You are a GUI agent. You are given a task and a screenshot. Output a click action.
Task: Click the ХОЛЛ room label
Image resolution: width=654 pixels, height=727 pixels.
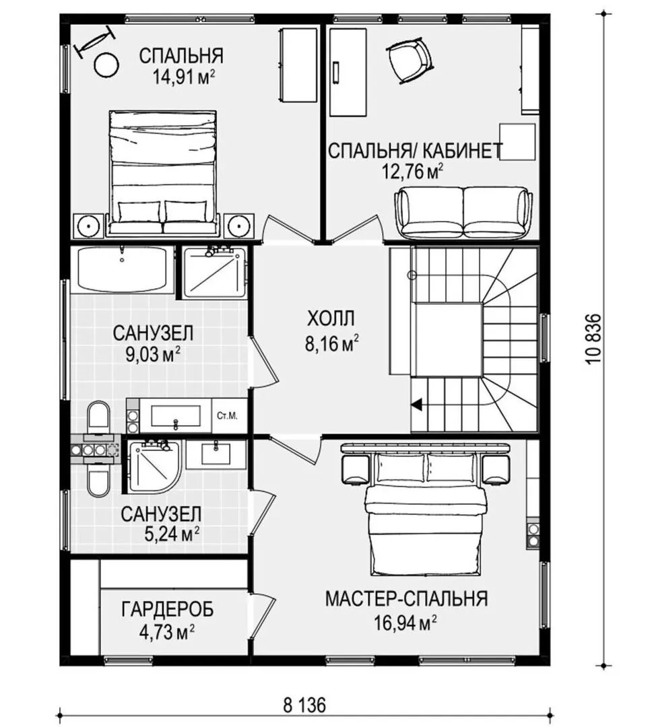331,319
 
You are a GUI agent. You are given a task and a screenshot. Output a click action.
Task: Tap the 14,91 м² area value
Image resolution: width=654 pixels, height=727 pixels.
184,77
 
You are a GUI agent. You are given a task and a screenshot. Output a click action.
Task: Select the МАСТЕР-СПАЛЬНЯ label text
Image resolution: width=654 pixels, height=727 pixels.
406,598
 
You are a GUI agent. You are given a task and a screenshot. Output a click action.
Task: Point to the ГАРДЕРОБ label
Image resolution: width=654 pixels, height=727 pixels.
168,609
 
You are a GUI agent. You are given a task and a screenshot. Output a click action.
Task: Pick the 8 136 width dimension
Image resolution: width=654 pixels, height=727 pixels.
304,705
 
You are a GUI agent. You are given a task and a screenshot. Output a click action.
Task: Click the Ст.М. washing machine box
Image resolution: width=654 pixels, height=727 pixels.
227,416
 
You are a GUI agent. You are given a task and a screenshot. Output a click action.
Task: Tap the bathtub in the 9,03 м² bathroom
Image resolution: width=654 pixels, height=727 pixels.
123,269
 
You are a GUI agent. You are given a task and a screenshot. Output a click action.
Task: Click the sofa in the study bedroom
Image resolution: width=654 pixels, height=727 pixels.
463,213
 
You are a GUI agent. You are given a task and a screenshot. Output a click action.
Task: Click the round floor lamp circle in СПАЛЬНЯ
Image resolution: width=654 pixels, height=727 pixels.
106,65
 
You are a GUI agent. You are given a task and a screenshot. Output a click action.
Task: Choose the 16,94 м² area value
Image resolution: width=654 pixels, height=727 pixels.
405,623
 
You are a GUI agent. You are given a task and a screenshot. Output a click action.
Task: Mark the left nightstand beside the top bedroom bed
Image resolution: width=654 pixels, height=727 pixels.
88,226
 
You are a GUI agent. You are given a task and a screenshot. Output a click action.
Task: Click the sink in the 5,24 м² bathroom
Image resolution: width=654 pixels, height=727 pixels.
216,454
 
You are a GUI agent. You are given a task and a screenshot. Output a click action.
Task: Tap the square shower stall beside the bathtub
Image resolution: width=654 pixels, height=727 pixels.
214,273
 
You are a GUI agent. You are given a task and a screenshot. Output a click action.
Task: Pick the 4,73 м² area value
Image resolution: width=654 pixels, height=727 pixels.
166,631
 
